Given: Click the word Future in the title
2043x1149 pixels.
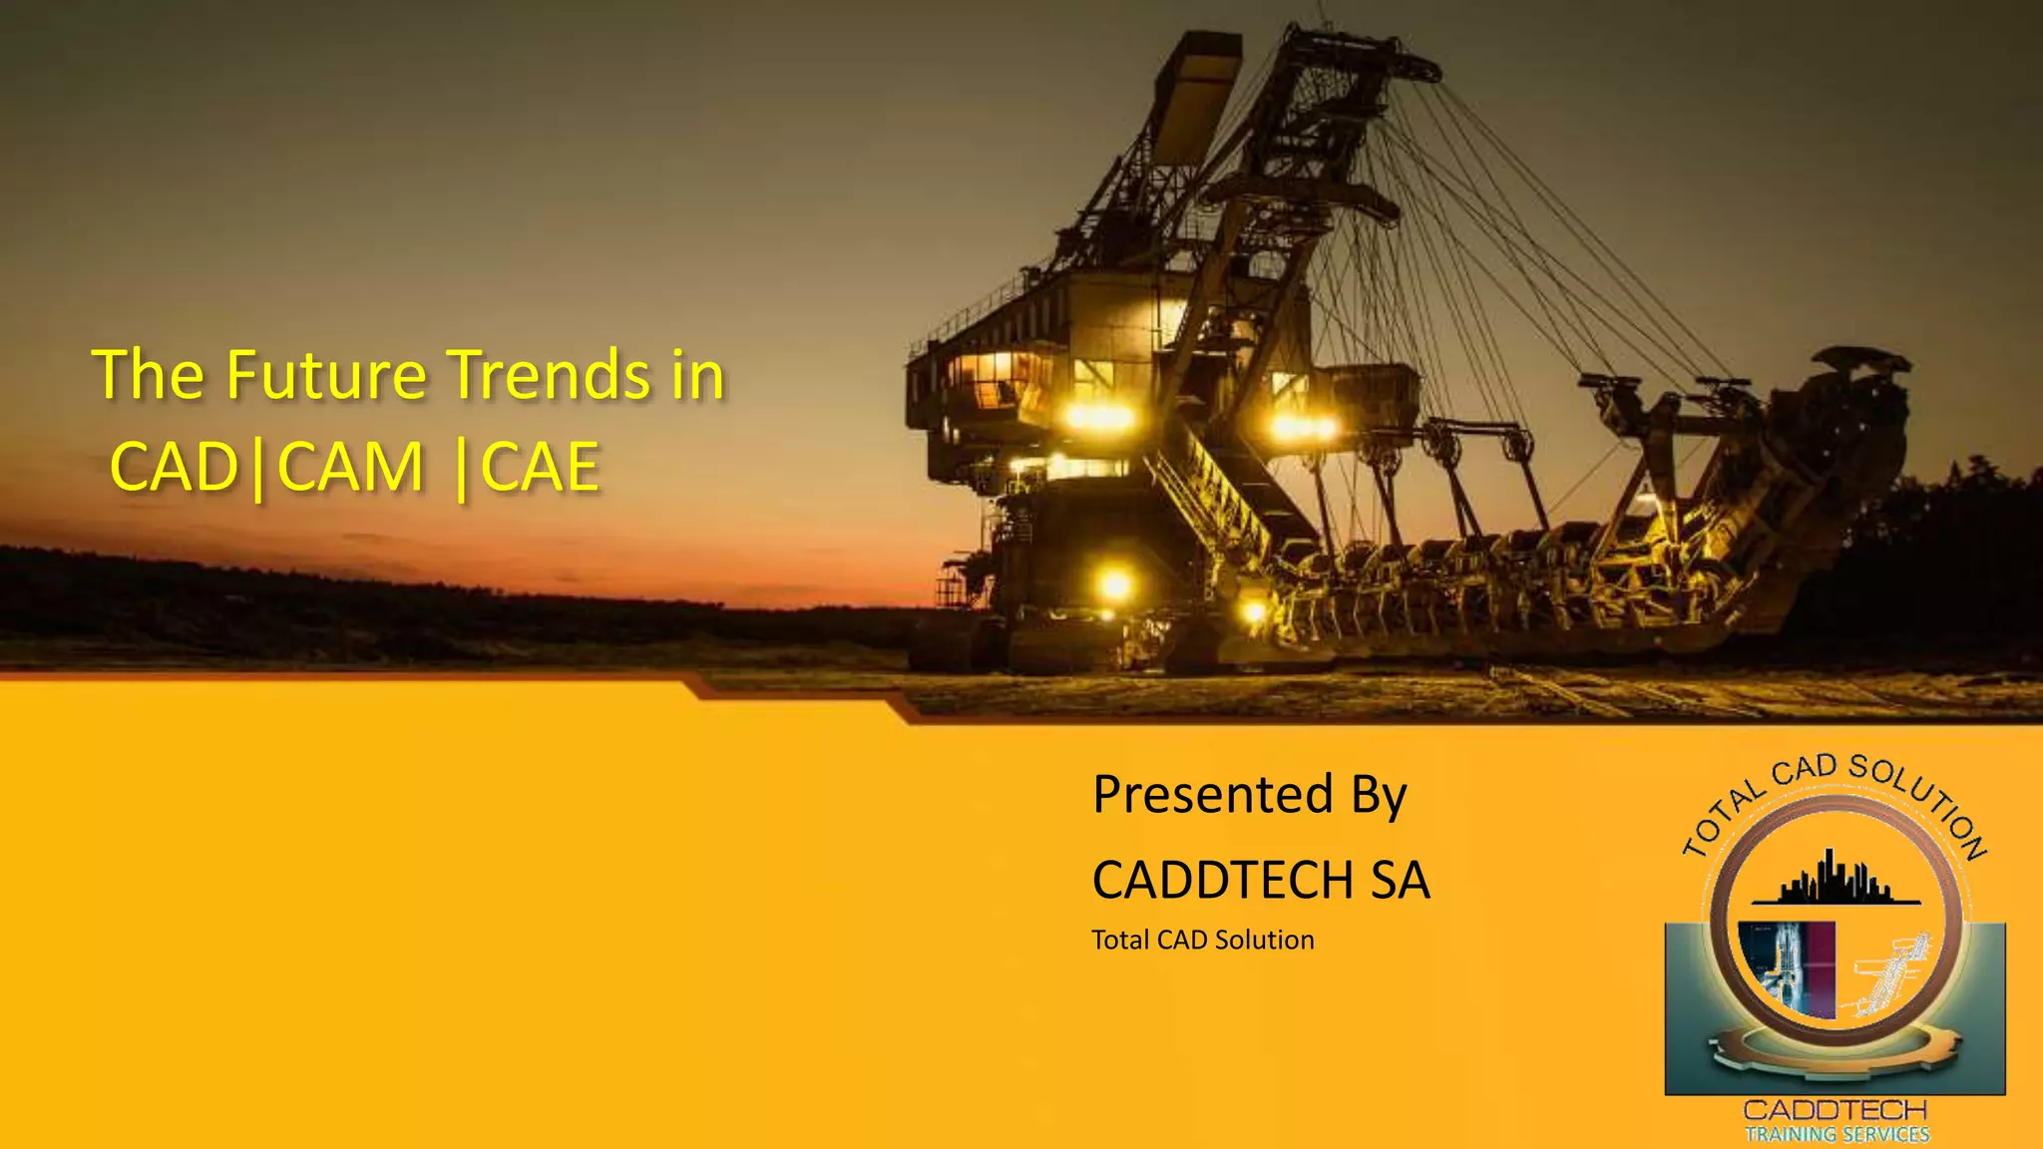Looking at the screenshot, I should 326,375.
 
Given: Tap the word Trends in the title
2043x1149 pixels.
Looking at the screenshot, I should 549,375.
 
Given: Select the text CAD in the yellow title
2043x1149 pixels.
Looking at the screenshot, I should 174,467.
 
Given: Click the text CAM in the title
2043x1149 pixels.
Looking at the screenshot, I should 351,467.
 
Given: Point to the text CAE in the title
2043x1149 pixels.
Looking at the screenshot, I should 541,467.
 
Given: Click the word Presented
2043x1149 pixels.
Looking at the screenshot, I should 1213,795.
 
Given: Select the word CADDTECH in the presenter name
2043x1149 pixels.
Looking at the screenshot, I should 1223,881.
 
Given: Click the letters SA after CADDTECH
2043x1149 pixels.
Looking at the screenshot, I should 1401,881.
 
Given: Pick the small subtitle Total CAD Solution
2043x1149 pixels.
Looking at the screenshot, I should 1203,940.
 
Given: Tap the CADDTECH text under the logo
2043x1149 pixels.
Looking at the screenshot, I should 1835,1110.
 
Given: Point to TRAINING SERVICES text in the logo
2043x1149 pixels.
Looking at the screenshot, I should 1838,1134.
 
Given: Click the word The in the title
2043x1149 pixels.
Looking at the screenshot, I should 148,375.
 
